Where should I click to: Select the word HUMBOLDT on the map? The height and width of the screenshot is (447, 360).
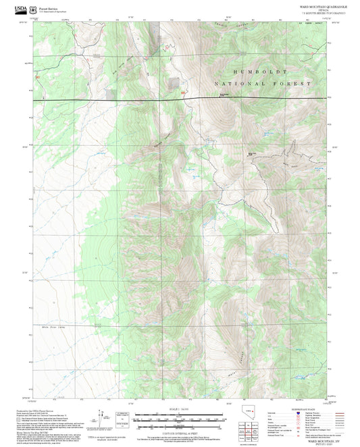coord(260,71)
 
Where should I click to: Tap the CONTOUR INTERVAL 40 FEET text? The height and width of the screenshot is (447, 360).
coord(179,431)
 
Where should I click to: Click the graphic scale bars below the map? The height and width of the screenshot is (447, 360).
coord(179,419)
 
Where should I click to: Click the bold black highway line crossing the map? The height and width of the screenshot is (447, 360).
coord(236,99)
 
